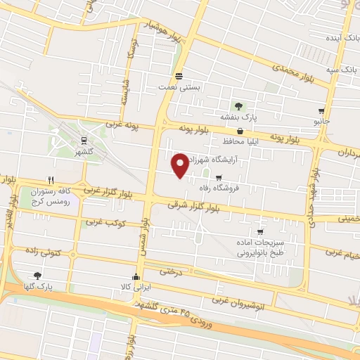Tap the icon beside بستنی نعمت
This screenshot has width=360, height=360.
(179, 76)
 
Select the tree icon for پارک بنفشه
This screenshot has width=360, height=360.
(240, 106)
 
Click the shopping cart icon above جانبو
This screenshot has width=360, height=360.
(321, 110)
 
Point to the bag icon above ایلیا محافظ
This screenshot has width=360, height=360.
(240, 131)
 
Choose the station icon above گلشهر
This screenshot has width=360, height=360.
(84, 141)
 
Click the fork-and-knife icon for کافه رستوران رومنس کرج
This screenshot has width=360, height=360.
(51, 179)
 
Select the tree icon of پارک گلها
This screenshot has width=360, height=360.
(37, 276)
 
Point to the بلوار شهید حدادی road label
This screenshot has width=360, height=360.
(311, 198)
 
